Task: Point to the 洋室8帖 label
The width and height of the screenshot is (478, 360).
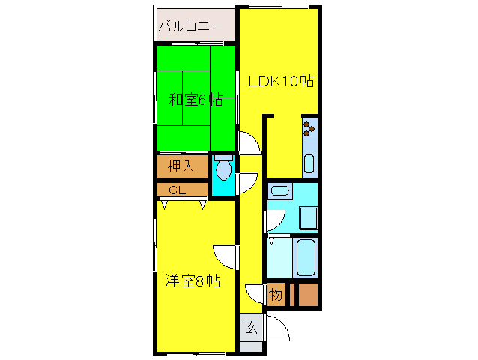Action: tap(193, 282)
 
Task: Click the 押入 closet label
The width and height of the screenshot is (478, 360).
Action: tap(181, 166)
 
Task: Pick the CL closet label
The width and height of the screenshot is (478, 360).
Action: tap(177, 190)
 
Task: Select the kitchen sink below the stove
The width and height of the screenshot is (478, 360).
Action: tap(309, 163)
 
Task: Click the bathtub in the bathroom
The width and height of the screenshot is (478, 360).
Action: tap(306, 257)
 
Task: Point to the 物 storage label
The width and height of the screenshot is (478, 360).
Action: tap(276, 295)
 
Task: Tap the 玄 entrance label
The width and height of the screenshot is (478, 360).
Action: tap(251, 327)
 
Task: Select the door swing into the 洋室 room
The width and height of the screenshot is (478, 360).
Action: tap(225, 255)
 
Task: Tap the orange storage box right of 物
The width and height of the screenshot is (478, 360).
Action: tap(308, 295)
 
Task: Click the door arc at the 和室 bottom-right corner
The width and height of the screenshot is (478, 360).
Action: tap(249, 142)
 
